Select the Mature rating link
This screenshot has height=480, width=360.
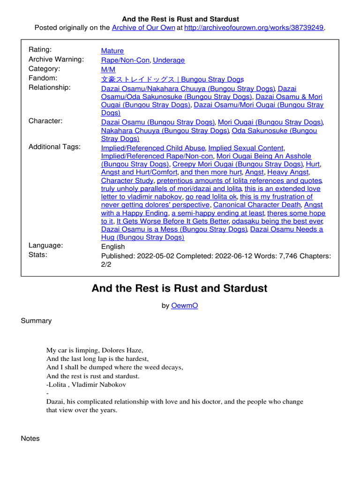tap(112, 51)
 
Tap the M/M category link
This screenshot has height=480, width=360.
tap(108, 69)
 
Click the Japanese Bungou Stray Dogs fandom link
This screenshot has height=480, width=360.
tap(172, 79)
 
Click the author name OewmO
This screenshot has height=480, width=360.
tap(184, 305)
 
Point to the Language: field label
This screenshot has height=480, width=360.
tap(46, 246)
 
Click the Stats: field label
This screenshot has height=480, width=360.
tap(38, 255)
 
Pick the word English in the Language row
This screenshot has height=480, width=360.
tap(113, 247)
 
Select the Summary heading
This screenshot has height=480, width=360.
tap(37, 321)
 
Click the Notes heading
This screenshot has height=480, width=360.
tap(30, 438)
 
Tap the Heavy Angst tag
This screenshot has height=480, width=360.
tap(288, 172)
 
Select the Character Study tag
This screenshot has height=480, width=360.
tap(127, 180)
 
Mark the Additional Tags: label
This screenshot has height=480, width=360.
tap(54, 147)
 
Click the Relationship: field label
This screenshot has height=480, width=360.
tap(50, 88)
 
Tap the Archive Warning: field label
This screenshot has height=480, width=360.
tap(56, 60)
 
